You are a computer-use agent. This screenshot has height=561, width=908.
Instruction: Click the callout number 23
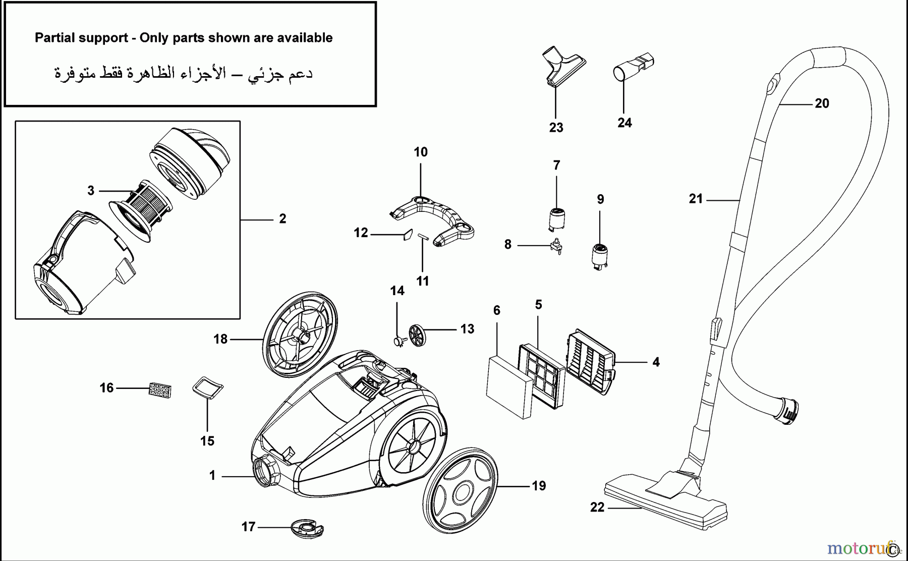pos(556,128)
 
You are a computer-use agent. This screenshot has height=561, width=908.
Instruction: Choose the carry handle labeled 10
pos(433,220)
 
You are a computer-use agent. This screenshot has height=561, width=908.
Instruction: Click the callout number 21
pos(696,199)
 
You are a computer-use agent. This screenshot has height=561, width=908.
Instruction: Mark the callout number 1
pos(212,476)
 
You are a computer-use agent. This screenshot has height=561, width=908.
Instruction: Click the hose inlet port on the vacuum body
pos(265,471)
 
